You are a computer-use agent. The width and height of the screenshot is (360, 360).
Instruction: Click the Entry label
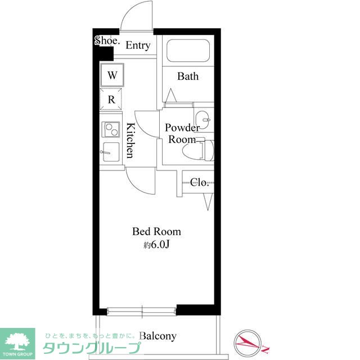pos(138,46)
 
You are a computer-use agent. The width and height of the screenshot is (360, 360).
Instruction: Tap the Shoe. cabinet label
pos(107,40)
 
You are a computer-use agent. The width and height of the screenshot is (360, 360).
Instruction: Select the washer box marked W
pos(112,75)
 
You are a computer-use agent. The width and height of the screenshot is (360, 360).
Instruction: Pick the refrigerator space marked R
pos(111,100)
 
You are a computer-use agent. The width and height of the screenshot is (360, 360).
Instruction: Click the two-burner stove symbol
pos(111,129)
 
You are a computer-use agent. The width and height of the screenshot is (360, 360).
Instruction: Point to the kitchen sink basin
pos(111,152)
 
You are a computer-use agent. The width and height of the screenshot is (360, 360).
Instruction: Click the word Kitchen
pos(130,141)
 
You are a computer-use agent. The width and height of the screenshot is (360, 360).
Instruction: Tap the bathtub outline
pos(188,51)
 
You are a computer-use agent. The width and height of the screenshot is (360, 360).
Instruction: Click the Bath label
pos(188,76)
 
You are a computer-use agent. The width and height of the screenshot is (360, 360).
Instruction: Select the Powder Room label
pos(182,134)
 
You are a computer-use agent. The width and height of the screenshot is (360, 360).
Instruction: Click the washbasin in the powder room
pos(202,120)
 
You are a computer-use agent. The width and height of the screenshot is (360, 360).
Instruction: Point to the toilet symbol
pos(198,150)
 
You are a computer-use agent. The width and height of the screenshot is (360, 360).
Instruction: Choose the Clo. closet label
pos(199,182)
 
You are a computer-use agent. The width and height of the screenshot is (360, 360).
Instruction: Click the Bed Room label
pos(156,231)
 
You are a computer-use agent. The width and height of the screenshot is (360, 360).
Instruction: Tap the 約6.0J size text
pos(156,245)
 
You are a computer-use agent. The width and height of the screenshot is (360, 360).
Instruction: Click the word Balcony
pos(158,336)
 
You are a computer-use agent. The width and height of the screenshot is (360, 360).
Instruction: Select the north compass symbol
pos(249,343)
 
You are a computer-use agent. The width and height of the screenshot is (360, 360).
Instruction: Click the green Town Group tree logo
pos(17,344)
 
